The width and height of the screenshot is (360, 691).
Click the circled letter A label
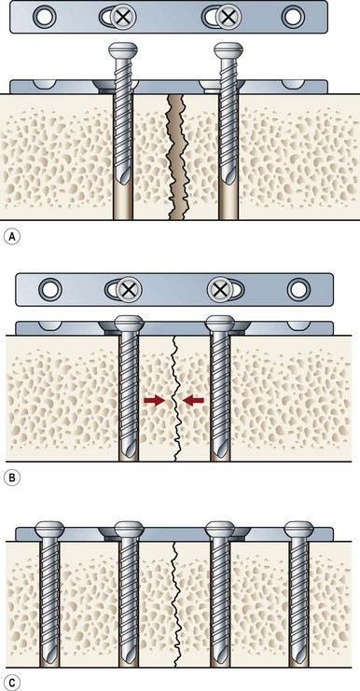pos(12,236)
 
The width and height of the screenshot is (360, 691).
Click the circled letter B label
pos(12,478)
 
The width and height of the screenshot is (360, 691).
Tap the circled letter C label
pos(12,684)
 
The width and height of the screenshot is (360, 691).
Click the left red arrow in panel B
pos(154,400)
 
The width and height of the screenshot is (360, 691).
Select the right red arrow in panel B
pos(193,400)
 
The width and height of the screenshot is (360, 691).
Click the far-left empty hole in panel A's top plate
pos(45,17)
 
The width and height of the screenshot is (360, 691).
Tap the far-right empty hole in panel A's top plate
pos(293,17)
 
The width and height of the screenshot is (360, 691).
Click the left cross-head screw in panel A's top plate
pos(123,17)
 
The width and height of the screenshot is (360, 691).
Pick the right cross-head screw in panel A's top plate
pos(228,17)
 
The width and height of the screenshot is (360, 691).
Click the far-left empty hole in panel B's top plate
pos(50,289)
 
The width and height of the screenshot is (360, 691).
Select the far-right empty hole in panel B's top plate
pos(298,289)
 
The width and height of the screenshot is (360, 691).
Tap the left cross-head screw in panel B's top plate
pos(129,289)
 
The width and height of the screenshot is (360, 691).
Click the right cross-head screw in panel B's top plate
pos(219,289)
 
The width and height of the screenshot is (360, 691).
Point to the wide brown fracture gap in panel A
pos(177,157)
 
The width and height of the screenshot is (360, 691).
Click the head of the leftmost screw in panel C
pos(49,528)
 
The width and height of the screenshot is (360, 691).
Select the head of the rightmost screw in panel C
pos(298,528)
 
